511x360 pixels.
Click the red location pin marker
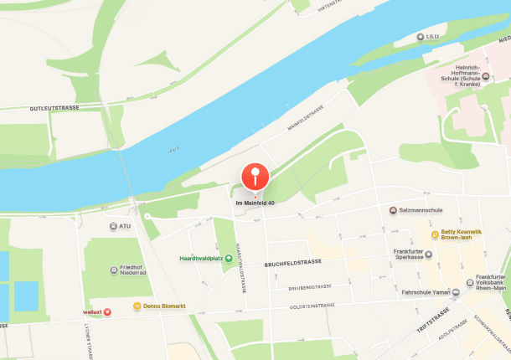255,177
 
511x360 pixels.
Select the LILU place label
433,37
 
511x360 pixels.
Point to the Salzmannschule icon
393,210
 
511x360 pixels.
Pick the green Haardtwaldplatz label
200,258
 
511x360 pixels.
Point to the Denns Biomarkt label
163,307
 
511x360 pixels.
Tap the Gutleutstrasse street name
54,108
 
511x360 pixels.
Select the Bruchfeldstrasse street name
294,262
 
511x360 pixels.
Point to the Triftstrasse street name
433,321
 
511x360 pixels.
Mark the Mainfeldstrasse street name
306,119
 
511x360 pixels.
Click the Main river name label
174,149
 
